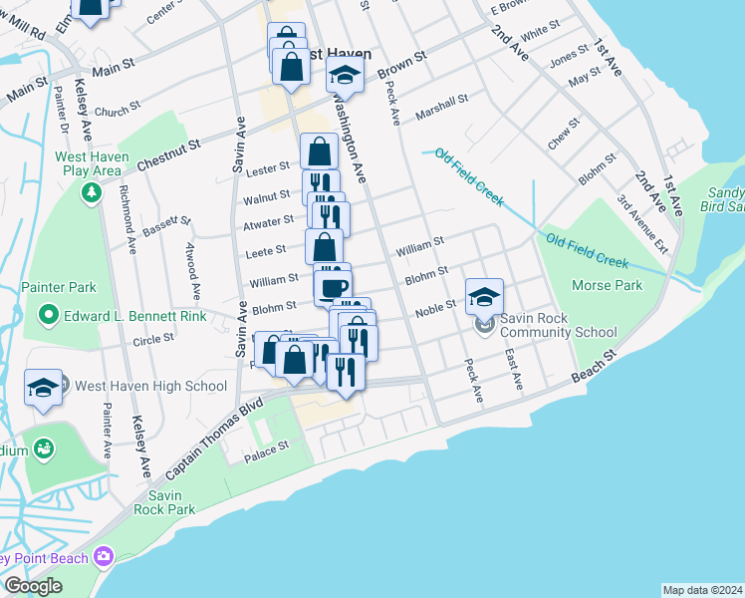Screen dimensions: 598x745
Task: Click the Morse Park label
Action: pos(607,286)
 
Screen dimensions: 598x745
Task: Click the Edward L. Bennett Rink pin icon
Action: pos(47,317)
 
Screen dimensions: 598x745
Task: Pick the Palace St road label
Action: pos(266,454)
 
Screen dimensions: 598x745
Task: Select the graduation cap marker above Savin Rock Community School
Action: pos(485,296)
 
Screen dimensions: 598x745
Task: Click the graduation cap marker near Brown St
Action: pos(345,74)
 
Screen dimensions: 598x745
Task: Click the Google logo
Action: pos(33,586)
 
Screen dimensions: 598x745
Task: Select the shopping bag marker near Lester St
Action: pos(319,152)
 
